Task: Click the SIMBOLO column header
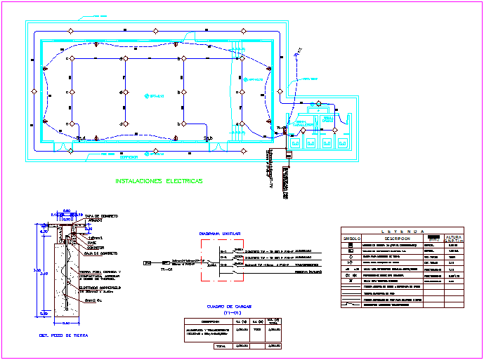pos(351,238)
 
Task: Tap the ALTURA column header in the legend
pos(454,238)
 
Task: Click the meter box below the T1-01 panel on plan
pos(287,154)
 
